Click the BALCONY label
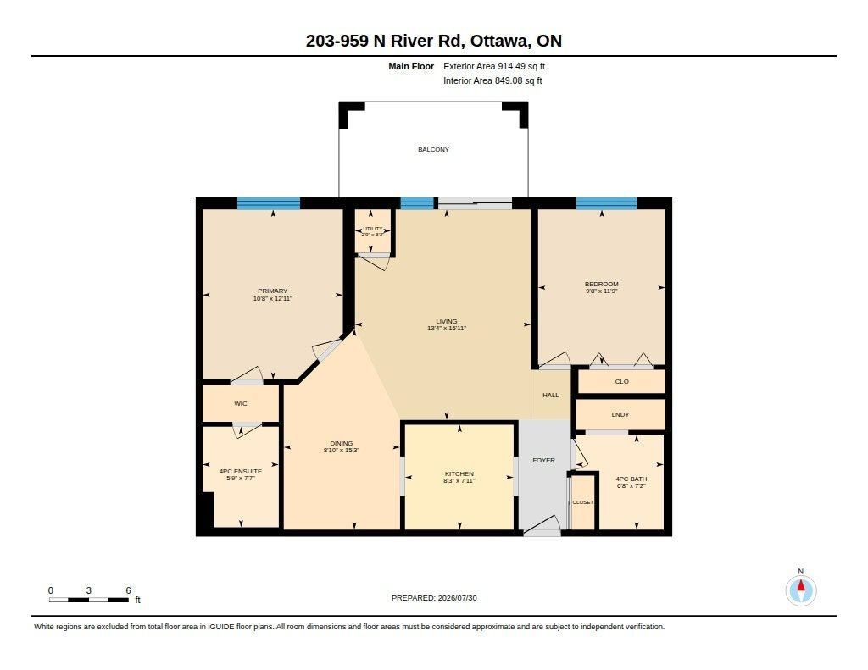(x=433, y=149)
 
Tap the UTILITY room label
(x=373, y=229)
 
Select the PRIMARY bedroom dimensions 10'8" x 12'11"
(x=272, y=298)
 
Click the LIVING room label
(x=446, y=321)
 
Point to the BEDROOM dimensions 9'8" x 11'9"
(x=601, y=291)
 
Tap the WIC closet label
(x=240, y=403)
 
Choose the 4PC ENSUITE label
(x=240, y=472)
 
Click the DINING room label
(x=341, y=443)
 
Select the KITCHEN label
(x=459, y=473)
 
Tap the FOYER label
(x=543, y=460)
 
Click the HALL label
(x=550, y=395)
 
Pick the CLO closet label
(x=621, y=381)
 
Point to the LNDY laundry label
(x=620, y=414)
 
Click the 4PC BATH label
(x=631, y=479)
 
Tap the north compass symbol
(x=800, y=590)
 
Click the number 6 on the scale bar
(x=128, y=590)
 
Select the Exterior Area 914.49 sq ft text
(x=494, y=66)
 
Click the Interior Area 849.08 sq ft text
(x=492, y=80)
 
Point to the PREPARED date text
(x=434, y=597)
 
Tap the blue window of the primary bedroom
(x=269, y=203)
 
